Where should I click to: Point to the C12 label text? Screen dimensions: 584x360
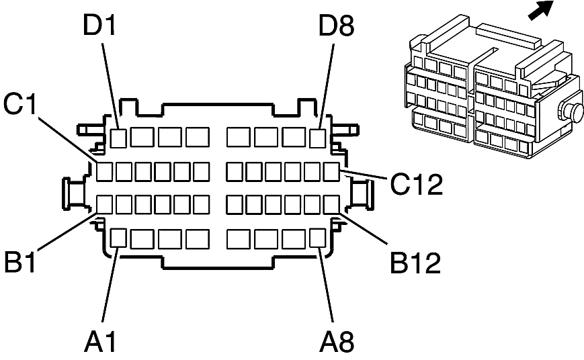coord(417,183)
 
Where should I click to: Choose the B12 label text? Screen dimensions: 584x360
coord(415,263)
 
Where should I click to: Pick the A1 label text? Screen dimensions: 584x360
coord(100,341)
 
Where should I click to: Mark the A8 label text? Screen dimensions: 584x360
coord(337,341)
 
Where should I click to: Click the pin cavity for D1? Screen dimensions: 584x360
coord(119,138)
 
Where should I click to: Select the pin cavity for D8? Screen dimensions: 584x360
coord(318,138)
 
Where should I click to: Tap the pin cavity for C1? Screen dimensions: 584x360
coord(104,171)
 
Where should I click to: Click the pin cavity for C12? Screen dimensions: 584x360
coord(331,171)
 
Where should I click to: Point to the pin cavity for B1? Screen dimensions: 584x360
coord(104,204)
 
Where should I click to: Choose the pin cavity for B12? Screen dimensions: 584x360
coord(331,204)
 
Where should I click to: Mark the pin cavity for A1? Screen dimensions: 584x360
coord(119,238)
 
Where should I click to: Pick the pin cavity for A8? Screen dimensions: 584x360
coord(318,238)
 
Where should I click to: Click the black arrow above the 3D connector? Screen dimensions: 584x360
coord(541,9)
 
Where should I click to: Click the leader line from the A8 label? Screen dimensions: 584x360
coord(326,284)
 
